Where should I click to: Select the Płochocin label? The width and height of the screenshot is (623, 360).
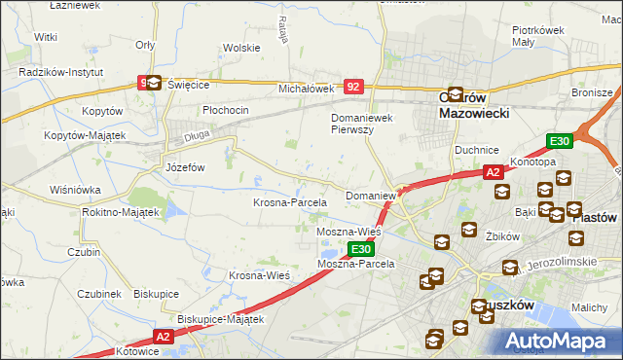226,110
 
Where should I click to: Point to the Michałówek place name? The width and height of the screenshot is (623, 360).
307,89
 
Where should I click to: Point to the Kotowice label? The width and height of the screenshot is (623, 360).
135,350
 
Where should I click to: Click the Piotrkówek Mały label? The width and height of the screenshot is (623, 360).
538,36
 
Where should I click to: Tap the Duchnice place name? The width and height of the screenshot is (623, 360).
477,150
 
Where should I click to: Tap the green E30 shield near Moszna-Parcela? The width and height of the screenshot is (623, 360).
360,250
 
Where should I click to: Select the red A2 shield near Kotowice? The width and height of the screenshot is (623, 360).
162,336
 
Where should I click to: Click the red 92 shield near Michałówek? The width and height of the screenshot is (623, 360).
354,87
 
